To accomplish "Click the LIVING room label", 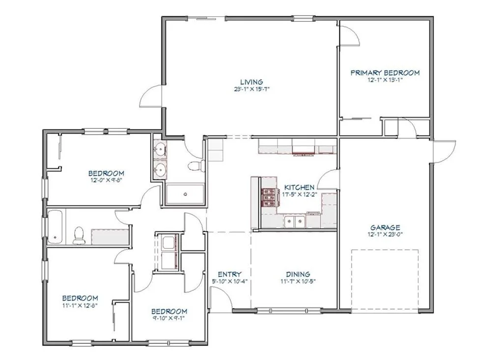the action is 252,82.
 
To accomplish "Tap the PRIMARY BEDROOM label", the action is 385,73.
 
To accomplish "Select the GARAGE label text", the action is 385,227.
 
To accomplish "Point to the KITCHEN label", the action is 299,188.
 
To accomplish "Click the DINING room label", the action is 298,275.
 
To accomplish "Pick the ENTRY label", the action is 229,275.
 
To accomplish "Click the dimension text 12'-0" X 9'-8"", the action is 106,180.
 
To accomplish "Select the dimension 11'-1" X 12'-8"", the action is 80,305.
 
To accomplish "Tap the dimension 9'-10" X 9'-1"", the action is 169,318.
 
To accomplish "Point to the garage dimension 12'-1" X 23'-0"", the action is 385,234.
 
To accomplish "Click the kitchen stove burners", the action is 269,196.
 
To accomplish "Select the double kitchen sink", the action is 295,222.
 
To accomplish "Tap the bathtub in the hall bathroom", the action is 56,227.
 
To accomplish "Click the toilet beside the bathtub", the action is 79,235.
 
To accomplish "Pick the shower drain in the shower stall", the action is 185,194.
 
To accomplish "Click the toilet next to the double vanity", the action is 196,166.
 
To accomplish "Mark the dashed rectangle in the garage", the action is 385,280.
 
